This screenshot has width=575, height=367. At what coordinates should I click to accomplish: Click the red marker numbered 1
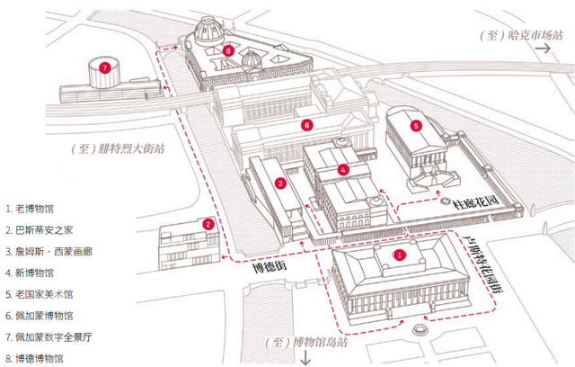click(402, 255)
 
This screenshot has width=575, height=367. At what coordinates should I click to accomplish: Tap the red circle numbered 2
click(208, 224)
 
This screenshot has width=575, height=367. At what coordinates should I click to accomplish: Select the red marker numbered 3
click(281, 184)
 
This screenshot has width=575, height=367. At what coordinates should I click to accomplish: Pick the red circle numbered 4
click(343, 168)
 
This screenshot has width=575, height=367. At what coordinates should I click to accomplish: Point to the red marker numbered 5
click(416, 126)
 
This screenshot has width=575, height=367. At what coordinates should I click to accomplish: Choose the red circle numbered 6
click(307, 124)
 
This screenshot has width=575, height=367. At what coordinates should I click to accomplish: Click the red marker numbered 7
click(105, 67)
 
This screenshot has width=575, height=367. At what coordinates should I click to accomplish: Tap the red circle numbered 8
click(230, 51)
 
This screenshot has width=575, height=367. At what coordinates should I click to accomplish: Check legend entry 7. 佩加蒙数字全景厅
click(53, 336)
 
